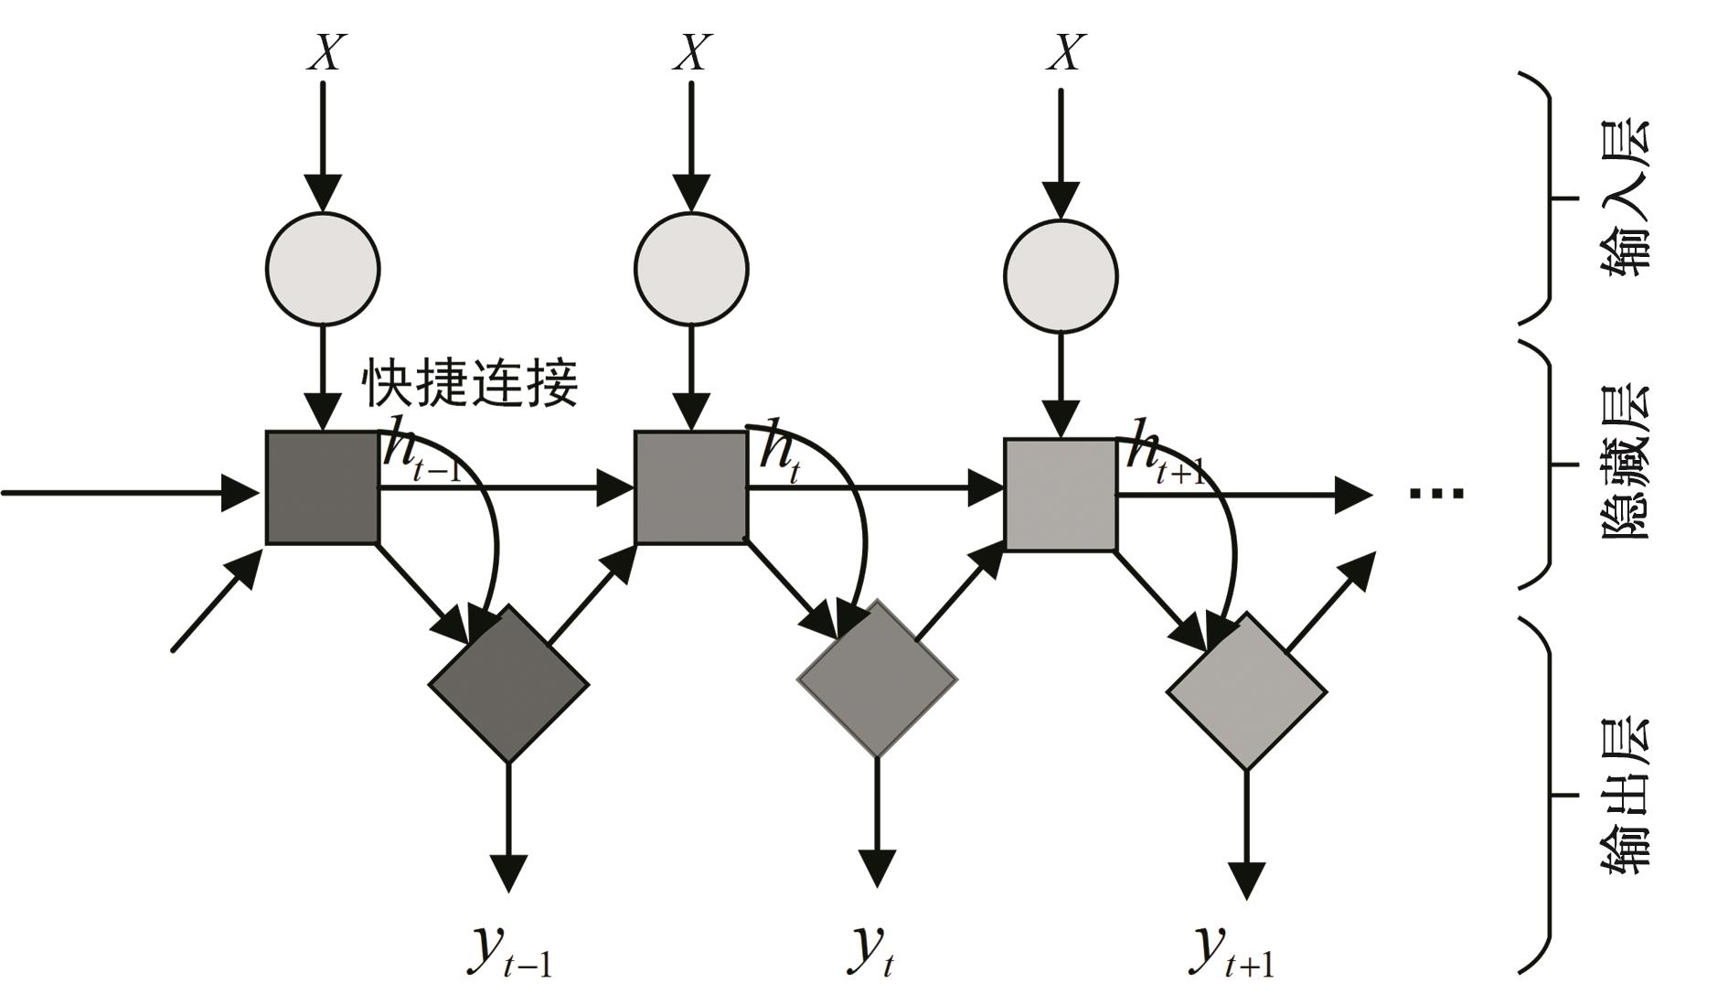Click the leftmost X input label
pos(325,52)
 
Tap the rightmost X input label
pos(1066,52)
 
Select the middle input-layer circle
pos(691,269)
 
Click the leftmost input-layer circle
pos(322,269)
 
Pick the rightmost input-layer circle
pos(1061,274)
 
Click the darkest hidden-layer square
pos(322,487)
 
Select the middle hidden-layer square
pos(691,487)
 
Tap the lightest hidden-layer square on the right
pos(1061,495)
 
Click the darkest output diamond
pos(508,683)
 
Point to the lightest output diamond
pos(1246,691)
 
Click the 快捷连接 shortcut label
pos(471,382)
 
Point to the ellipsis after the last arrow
pos(1436,494)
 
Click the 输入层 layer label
pos(1628,197)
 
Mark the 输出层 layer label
pos(1628,795)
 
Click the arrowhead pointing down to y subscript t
pos(878,868)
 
